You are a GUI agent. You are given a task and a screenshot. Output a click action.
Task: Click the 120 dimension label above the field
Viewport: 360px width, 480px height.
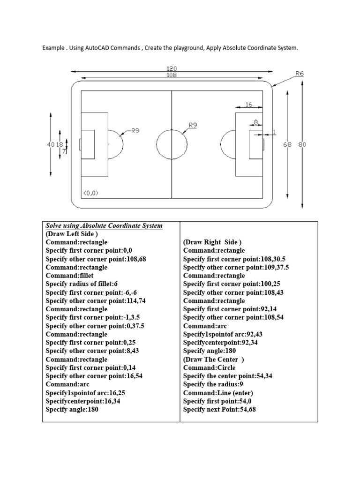[172, 68]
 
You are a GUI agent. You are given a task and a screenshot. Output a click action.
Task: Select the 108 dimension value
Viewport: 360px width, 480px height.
[172, 75]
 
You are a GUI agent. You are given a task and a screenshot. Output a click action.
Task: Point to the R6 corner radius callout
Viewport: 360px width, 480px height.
[300, 74]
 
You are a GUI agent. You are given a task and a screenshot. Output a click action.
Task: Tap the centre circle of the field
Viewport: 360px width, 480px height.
[172, 129]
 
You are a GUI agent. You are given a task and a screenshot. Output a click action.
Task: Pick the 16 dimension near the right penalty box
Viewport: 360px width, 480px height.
[249, 105]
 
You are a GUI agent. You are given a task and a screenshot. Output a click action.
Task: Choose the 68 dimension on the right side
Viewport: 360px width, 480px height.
[287, 144]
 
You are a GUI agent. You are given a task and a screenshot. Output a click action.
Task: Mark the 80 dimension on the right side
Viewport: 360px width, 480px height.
[302, 144]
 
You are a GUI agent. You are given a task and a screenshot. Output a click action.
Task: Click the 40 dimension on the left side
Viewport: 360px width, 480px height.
[51, 144]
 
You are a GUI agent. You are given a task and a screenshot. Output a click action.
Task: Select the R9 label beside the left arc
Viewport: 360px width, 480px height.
[135, 131]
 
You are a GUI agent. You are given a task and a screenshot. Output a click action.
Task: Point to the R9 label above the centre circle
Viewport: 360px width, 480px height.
[193, 125]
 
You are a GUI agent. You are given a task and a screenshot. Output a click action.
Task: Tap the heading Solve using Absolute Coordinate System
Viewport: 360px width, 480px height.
[104, 225]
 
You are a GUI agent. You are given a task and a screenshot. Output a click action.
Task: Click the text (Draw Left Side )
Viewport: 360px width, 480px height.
[72, 234]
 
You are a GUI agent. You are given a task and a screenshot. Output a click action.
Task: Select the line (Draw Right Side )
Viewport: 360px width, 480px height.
[212, 242]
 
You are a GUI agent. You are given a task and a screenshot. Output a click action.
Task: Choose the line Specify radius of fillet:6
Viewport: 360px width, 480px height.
[82, 284]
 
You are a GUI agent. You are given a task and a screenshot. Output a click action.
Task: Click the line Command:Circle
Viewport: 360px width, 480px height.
[209, 367]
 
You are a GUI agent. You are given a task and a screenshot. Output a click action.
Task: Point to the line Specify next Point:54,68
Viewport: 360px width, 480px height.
[219, 410]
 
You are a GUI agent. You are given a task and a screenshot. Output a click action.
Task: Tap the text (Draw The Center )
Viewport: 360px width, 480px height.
[213, 360]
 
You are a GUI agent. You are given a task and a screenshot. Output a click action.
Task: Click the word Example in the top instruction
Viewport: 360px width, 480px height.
[53, 48]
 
